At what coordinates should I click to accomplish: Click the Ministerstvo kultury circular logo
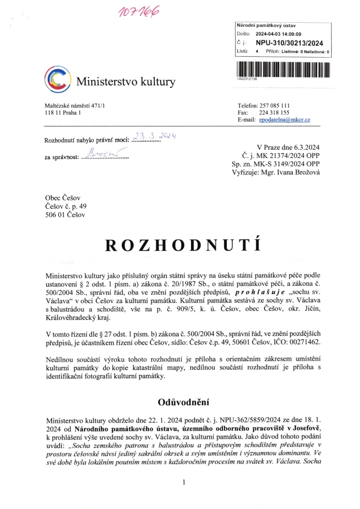(58, 80)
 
